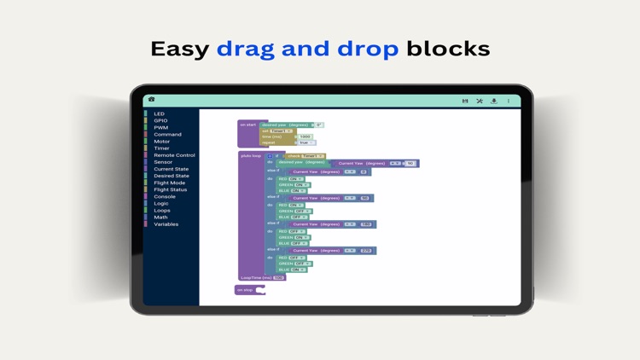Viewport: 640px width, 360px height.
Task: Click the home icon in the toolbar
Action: click(x=152, y=100)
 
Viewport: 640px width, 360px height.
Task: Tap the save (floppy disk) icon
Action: click(x=465, y=101)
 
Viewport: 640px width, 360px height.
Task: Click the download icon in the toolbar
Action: click(x=494, y=101)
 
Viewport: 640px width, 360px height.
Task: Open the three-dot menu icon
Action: click(x=509, y=101)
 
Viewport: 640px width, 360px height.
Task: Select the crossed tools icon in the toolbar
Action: click(x=480, y=101)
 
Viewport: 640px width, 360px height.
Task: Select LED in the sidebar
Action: click(x=159, y=113)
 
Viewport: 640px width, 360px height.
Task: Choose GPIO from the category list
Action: click(x=160, y=120)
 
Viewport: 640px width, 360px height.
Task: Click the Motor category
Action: click(x=161, y=142)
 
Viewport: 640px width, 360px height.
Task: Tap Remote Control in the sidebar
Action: click(x=174, y=155)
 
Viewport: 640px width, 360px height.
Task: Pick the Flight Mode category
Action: click(x=169, y=183)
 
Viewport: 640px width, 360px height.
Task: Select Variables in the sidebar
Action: click(x=166, y=224)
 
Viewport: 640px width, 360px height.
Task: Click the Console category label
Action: click(x=164, y=196)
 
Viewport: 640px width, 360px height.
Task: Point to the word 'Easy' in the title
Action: click(x=179, y=49)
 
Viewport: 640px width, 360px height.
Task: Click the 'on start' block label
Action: click(x=247, y=125)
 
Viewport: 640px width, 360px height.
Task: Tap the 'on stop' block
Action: click(x=246, y=290)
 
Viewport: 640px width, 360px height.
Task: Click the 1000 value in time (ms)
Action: click(x=305, y=136)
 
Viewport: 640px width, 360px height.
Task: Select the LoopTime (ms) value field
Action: click(x=278, y=277)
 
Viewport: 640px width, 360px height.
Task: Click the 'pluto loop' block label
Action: click(x=251, y=156)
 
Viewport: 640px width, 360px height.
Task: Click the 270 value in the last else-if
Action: click(x=365, y=251)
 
